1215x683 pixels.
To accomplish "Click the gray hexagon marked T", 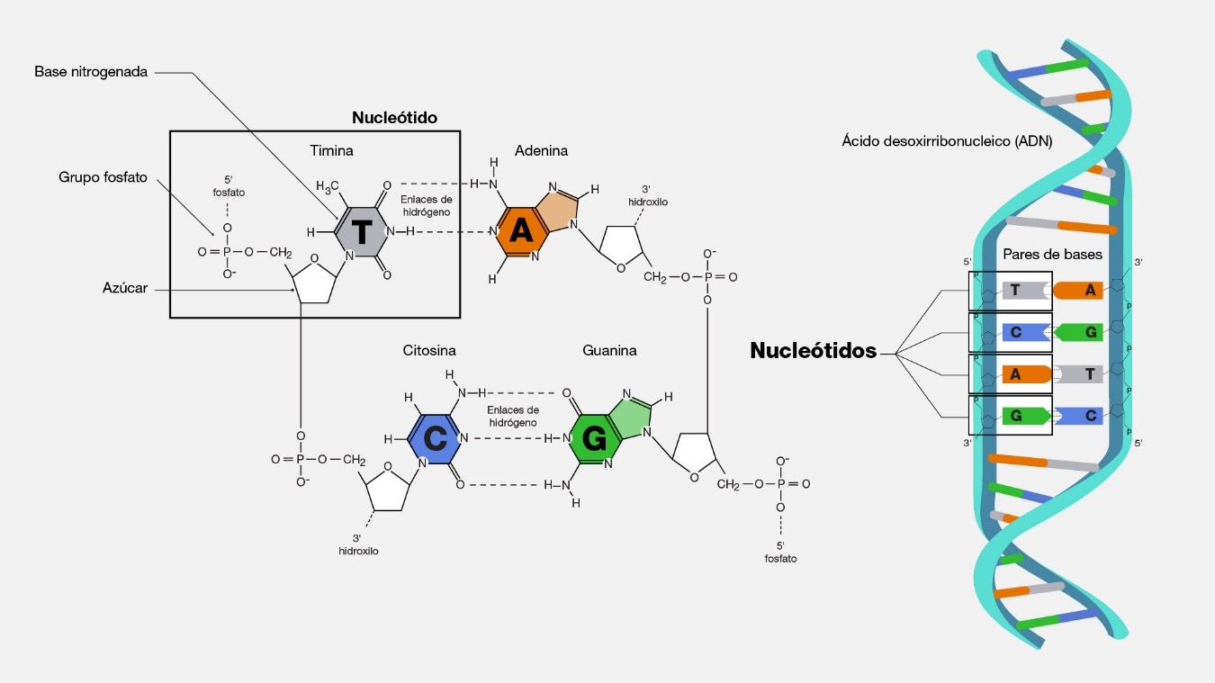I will (x=360, y=232).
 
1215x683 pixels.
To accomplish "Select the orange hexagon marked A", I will (x=521, y=232).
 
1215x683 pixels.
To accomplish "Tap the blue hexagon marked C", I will (x=436, y=439).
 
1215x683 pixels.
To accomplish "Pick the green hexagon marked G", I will (x=595, y=439).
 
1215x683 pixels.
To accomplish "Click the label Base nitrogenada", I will (x=90, y=71).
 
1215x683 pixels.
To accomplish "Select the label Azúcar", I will (x=125, y=288).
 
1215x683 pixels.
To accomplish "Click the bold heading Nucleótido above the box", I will (x=394, y=118).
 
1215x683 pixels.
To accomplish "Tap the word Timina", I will (x=331, y=151).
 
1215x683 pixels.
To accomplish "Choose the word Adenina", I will (x=541, y=151).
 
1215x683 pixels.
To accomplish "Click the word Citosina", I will (x=429, y=351).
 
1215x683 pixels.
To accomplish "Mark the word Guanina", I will (x=609, y=351).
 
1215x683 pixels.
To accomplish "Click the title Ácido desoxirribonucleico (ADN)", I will (x=947, y=141).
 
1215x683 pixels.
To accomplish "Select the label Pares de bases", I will (x=1052, y=255).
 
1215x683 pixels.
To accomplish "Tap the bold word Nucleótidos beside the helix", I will (x=813, y=352).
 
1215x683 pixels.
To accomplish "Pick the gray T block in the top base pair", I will (x=1020, y=291).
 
